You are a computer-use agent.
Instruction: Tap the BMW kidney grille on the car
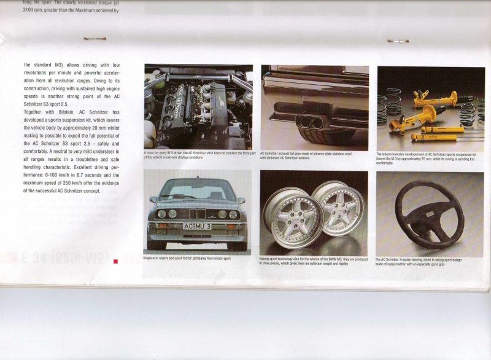click(x=196, y=213)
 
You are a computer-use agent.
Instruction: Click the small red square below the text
click(x=115, y=261)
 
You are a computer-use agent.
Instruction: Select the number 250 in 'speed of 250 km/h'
click(x=68, y=182)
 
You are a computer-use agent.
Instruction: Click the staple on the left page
click(x=95, y=39)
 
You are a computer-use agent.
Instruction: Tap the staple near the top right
click(x=398, y=41)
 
